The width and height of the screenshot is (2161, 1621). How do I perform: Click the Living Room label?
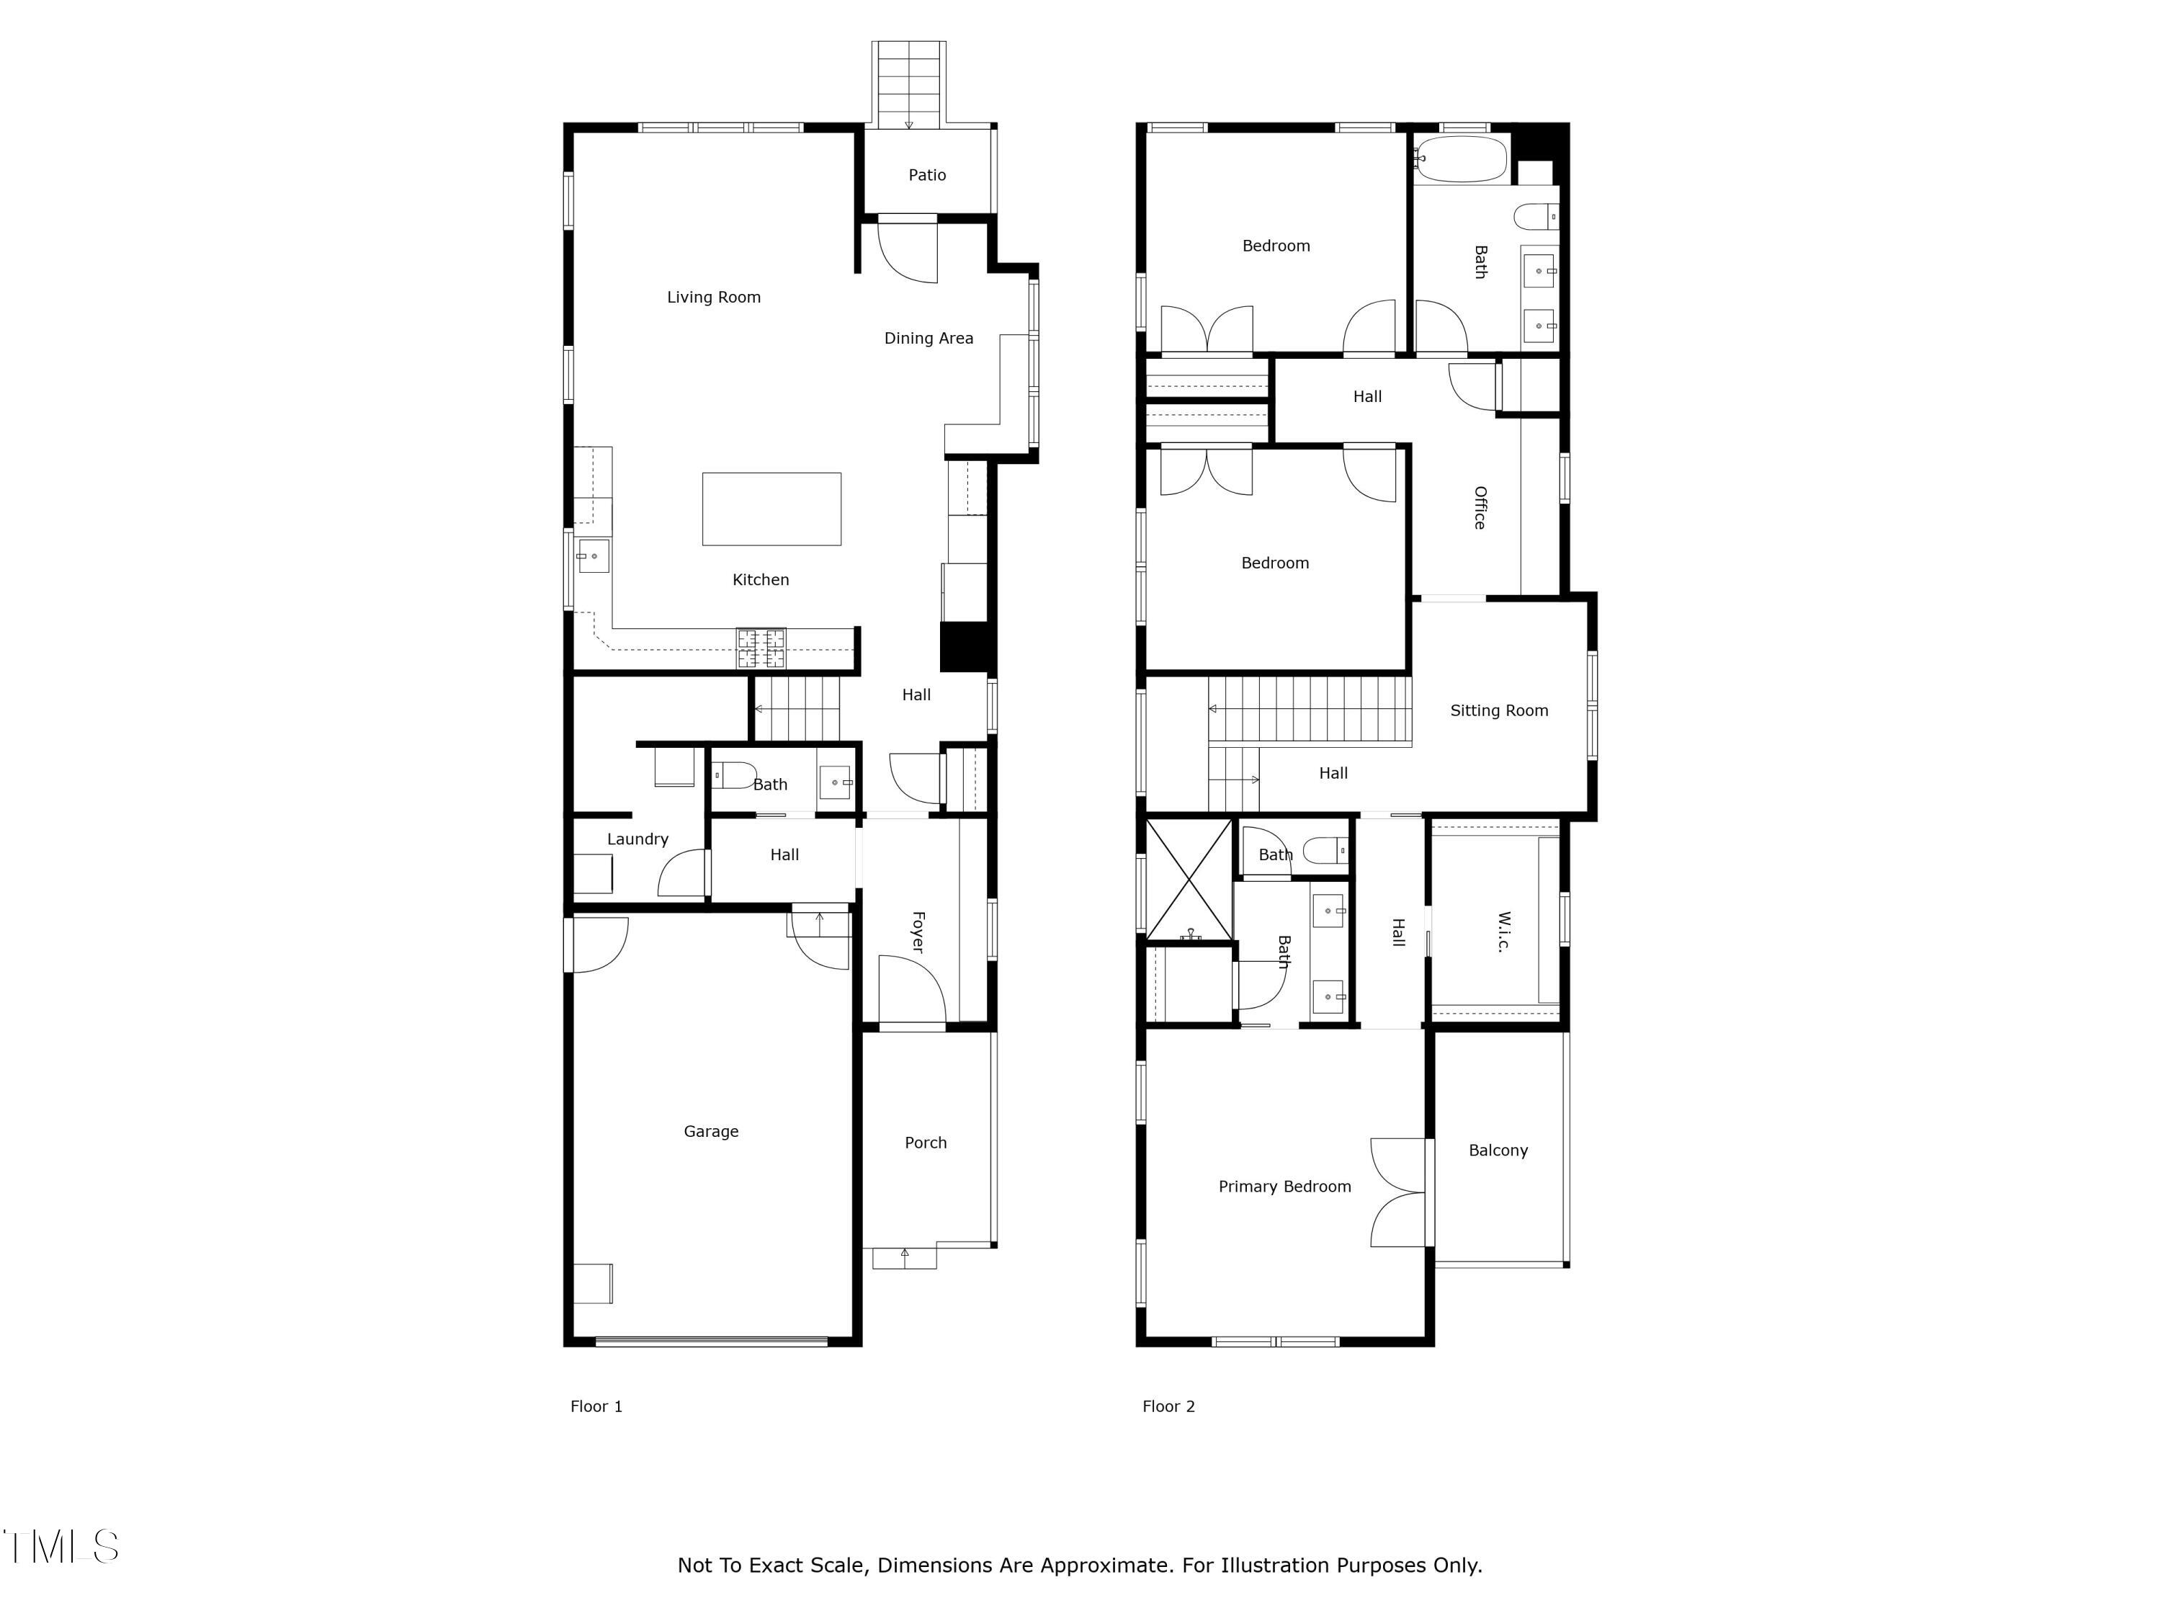713,297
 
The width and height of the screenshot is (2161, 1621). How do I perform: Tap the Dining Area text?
928,338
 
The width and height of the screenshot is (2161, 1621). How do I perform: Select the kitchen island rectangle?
771,509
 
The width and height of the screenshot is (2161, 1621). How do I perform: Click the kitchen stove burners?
760,648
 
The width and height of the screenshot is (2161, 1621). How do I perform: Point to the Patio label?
927,175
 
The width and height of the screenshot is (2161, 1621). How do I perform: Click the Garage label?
711,1132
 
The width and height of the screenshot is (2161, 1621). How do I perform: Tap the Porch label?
925,1142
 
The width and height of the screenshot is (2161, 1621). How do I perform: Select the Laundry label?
637,839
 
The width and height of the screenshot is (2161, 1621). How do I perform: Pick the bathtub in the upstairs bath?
1462,159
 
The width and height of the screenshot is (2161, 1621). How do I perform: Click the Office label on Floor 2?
1480,508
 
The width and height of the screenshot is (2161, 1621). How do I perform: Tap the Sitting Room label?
1498,710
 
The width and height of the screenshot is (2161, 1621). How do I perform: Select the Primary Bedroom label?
1284,1186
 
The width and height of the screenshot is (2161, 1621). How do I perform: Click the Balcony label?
1498,1150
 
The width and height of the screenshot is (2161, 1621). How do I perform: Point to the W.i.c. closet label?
1503,932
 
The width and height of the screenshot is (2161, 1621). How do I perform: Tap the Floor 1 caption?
596,1406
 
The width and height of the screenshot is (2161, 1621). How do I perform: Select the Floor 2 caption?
1168,1406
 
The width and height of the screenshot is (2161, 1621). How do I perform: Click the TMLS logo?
61,1547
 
